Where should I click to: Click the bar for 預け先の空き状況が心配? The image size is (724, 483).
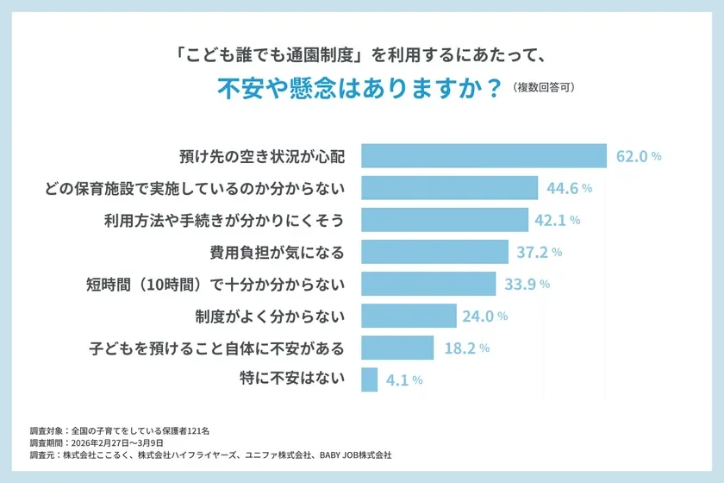[484, 156]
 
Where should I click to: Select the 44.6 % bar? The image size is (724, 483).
[449, 188]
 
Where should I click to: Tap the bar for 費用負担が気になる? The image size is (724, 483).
[434, 252]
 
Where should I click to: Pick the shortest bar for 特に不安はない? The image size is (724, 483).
[370, 379]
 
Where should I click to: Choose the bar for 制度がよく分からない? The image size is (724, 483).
[409, 316]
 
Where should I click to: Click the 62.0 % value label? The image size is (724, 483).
[639, 157]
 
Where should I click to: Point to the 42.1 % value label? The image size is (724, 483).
[557, 220]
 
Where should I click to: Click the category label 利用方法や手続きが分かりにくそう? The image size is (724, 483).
[224, 220]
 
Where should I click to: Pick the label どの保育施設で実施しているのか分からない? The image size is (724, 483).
[195, 188]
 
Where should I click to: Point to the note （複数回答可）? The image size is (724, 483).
[543, 88]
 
